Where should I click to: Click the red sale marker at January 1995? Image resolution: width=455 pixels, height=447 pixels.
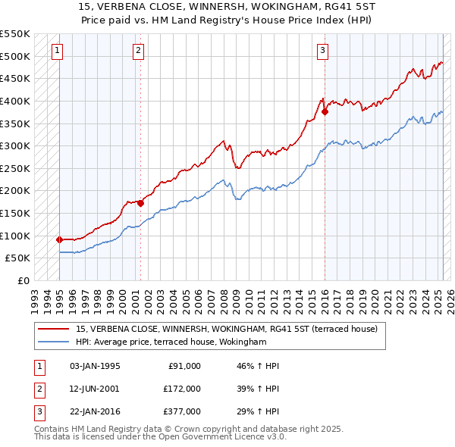(x=59, y=239)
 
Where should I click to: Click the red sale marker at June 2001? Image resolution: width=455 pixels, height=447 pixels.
(x=140, y=203)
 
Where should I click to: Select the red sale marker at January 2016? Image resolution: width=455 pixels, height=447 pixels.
(x=325, y=111)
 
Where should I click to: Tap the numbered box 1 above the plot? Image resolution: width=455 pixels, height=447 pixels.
(x=58, y=51)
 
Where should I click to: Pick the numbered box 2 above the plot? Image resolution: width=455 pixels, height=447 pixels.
(x=138, y=51)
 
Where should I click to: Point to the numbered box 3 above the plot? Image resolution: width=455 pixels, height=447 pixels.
(x=322, y=51)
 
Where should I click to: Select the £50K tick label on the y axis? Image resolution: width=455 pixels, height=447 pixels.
(x=18, y=258)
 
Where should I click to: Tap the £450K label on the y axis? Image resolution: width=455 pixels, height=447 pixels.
(x=15, y=78)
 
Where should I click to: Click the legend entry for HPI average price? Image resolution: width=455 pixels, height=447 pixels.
(x=171, y=342)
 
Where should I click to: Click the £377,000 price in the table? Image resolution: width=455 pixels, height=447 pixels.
(x=182, y=411)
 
